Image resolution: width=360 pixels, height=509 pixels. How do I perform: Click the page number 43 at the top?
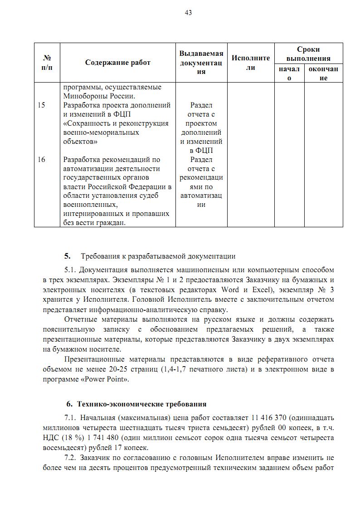pyautogui.click(x=188, y=13)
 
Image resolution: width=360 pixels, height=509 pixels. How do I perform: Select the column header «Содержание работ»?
pyautogui.click(x=117, y=63)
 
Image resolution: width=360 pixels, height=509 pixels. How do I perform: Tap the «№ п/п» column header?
pyautogui.click(x=47, y=63)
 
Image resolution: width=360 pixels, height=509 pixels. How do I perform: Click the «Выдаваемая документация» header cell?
pyautogui.click(x=201, y=63)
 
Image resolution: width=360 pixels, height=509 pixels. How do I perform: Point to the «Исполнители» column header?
pyautogui.click(x=251, y=63)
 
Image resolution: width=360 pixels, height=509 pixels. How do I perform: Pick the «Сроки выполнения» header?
pyautogui.click(x=308, y=54)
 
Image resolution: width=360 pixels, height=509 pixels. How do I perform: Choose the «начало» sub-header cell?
pyautogui.click(x=289, y=73)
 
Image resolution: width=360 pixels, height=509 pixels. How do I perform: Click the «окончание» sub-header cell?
pyautogui.click(x=323, y=73)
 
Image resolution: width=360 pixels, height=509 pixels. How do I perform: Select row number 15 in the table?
pyautogui.click(x=41, y=105)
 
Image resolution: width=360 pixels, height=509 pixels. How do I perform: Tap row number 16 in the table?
pyautogui.click(x=41, y=160)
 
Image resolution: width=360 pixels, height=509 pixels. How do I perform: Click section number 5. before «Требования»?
pyautogui.click(x=68, y=256)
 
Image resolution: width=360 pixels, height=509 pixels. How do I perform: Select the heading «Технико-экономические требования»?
pyautogui.click(x=141, y=404)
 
